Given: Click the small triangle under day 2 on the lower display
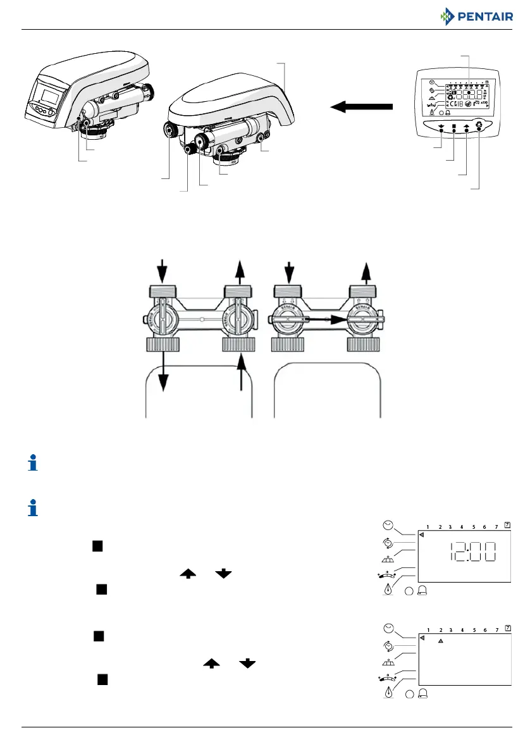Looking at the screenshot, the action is pos(441,641).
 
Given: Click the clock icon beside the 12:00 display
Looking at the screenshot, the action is pos(388,526).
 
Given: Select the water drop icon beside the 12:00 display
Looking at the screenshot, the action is pos(388,590).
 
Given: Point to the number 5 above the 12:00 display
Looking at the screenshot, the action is pos(473,526).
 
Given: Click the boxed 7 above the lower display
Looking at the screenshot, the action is pos(507,630).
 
